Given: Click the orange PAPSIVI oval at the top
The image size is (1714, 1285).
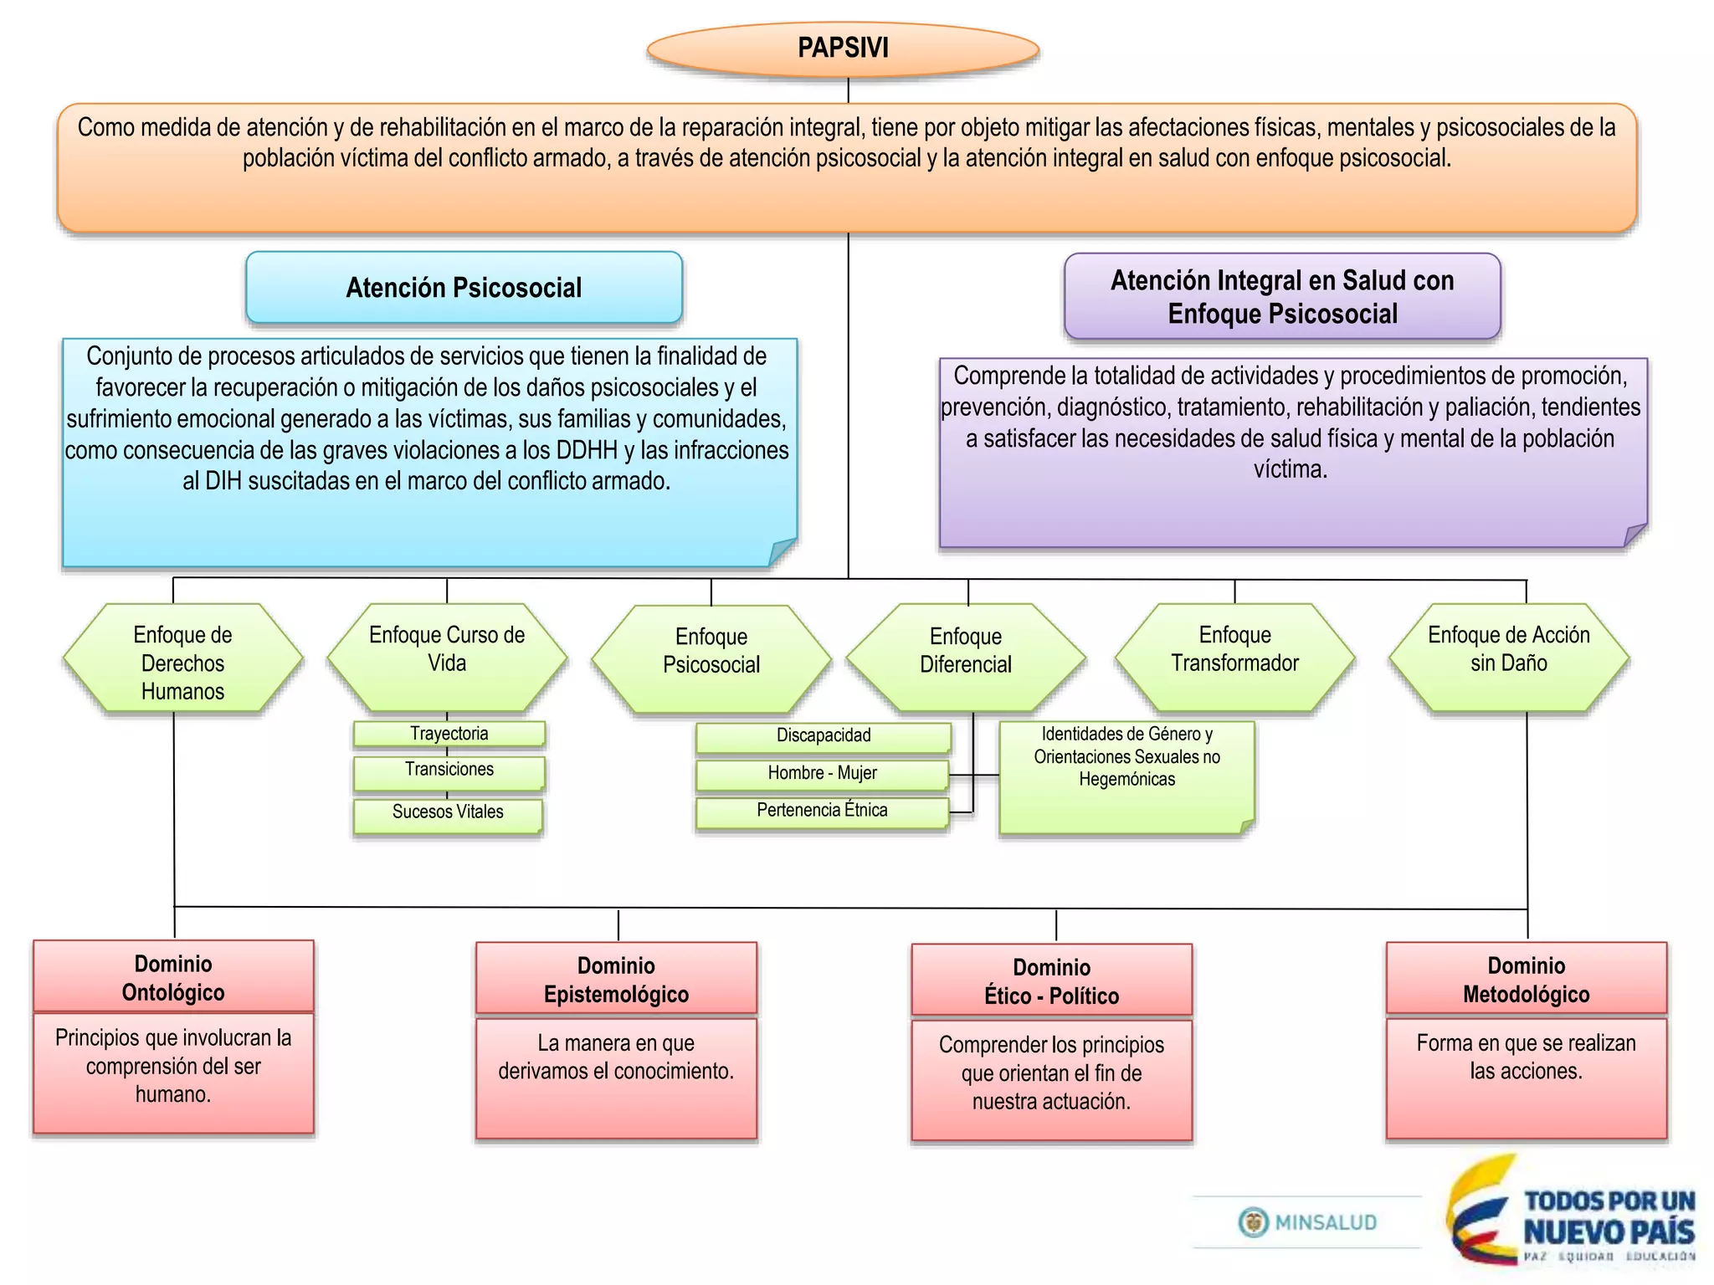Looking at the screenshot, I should point(843,49).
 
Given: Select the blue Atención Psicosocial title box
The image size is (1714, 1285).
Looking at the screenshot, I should point(464,288).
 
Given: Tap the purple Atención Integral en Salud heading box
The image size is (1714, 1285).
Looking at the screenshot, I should point(1282,297).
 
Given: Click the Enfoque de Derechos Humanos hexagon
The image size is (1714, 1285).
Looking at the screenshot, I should point(182,661).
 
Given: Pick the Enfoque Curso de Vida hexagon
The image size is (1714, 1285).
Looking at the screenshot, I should point(447,658).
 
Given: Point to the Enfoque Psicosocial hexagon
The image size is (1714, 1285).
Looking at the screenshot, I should point(711,659).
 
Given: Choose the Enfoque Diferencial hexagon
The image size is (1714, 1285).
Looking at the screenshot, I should point(966,658).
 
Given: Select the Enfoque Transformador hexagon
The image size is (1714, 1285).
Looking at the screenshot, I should point(1234,658).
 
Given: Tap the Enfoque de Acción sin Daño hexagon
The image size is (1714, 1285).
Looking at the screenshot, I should point(1508,658).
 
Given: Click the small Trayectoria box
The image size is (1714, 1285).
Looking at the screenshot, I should point(449,734).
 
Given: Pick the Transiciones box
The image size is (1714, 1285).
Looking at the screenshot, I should point(449,772).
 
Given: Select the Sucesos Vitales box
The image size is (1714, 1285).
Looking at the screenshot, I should point(448,815).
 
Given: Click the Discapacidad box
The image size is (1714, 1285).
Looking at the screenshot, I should point(824,736).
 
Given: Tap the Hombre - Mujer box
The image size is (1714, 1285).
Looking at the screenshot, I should point(822,774).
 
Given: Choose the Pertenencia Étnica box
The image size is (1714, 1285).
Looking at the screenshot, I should point(822,811).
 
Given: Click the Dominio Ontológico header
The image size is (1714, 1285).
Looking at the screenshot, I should point(173,977).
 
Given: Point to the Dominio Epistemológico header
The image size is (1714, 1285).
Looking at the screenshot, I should point(616,979).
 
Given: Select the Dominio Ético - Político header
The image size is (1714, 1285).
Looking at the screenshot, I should point(1051,980).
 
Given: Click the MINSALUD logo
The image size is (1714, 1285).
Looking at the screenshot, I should point(1308,1222).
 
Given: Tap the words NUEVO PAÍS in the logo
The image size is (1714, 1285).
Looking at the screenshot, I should point(1609,1232).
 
